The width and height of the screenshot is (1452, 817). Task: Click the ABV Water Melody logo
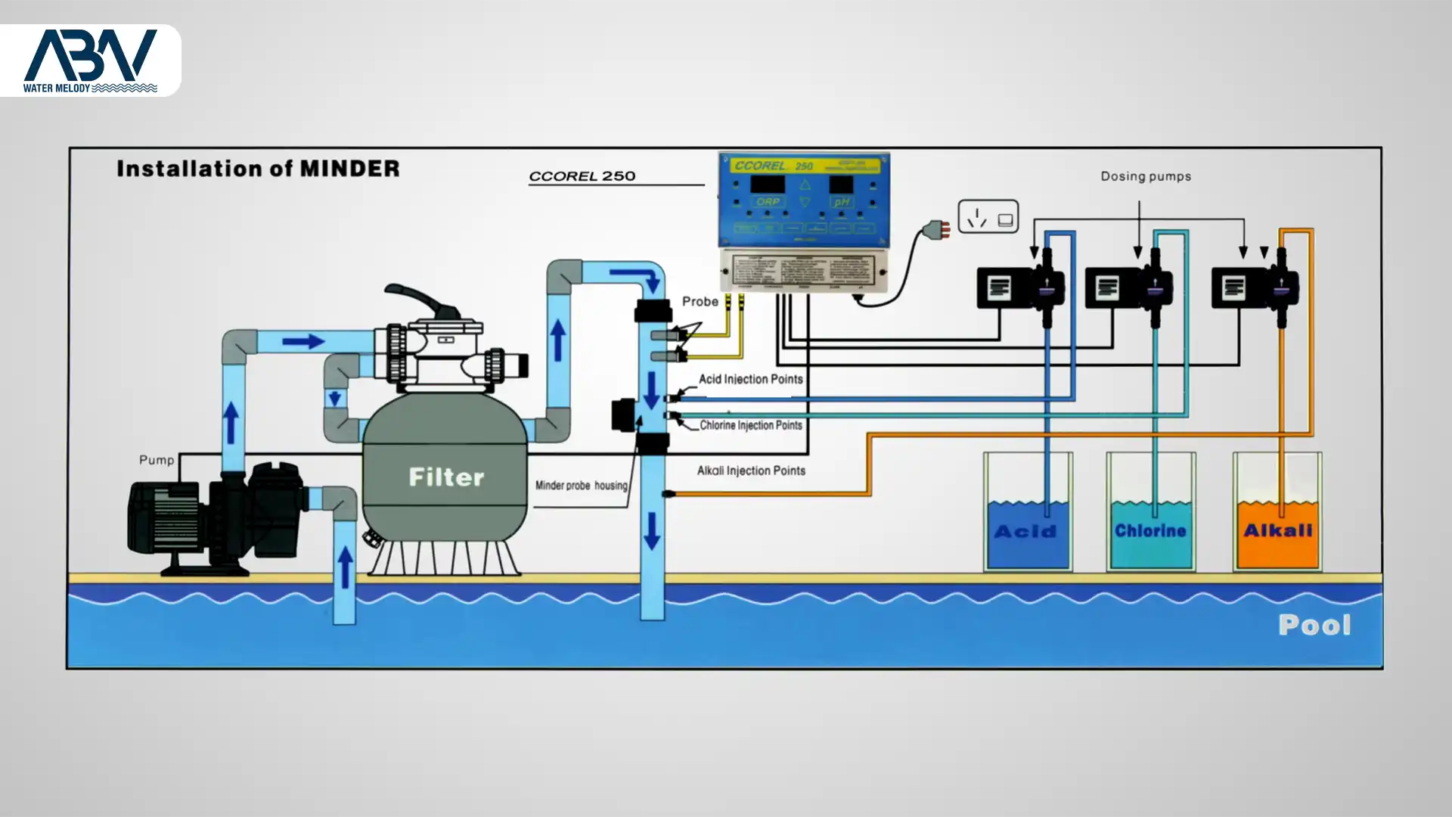point(90,61)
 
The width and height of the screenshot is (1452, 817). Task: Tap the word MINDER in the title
point(349,168)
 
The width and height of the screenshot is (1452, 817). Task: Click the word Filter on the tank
point(446,477)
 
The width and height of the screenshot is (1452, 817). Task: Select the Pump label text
point(157,460)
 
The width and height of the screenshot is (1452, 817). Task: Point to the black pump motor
point(166,519)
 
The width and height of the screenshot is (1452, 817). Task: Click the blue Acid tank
point(1027,533)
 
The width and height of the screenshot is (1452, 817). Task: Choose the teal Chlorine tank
point(1150,533)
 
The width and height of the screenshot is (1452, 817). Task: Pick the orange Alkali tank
point(1277,533)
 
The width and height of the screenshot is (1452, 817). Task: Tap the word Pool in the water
point(1314,625)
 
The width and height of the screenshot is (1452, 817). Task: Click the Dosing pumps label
point(1145,176)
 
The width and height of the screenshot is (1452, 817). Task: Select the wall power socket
point(988,217)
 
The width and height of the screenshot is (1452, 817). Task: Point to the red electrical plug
point(940,229)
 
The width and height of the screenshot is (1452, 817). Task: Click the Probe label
point(700,301)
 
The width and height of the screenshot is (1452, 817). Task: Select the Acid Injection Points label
point(750,379)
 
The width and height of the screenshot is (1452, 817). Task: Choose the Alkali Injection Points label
point(750,471)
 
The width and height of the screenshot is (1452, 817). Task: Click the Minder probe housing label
point(581,486)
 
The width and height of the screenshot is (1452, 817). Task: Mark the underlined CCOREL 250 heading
point(582,176)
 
